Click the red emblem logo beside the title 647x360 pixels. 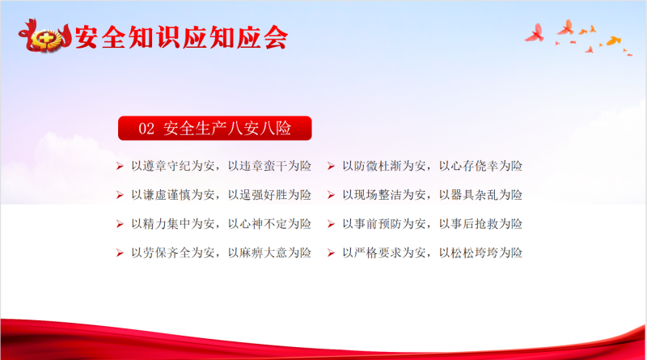pyautogui.click(x=45, y=36)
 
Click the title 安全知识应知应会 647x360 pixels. pyautogui.click(x=181, y=37)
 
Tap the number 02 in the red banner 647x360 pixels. pyautogui.click(x=146, y=129)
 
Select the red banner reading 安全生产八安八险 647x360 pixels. pyautogui.click(x=215, y=128)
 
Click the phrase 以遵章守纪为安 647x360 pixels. pyautogui.click(x=173, y=166)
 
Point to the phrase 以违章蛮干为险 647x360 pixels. pyautogui.click(x=269, y=166)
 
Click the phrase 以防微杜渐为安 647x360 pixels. pyautogui.click(x=384, y=166)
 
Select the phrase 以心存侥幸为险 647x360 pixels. pyautogui.click(x=480, y=166)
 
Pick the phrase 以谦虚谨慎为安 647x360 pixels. pyautogui.click(x=173, y=195)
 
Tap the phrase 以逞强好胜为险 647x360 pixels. pyautogui.click(x=269, y=195)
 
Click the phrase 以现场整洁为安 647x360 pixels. pyautogui.click(x=384, y=195)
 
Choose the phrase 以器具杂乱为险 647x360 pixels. pyautogui.click(x=480, y=195)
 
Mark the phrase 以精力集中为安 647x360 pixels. pyautogui.click(x=173, y=224)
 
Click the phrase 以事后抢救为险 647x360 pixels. pyautogui.click(x=480, y=224)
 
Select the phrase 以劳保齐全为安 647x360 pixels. pyautogui.click(x=173, y=252)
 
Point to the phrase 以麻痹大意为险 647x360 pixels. pyautogui.click(x=269, y=252)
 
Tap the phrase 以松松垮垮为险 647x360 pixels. pyautogui.click(x=480, y=252)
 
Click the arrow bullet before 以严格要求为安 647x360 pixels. pyautogui.click(x=331, y=252)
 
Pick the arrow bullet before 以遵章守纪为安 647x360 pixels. pyautogui.click(x=120, y=166)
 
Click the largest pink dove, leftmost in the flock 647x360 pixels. pyautogui.click(x=535, y=33)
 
